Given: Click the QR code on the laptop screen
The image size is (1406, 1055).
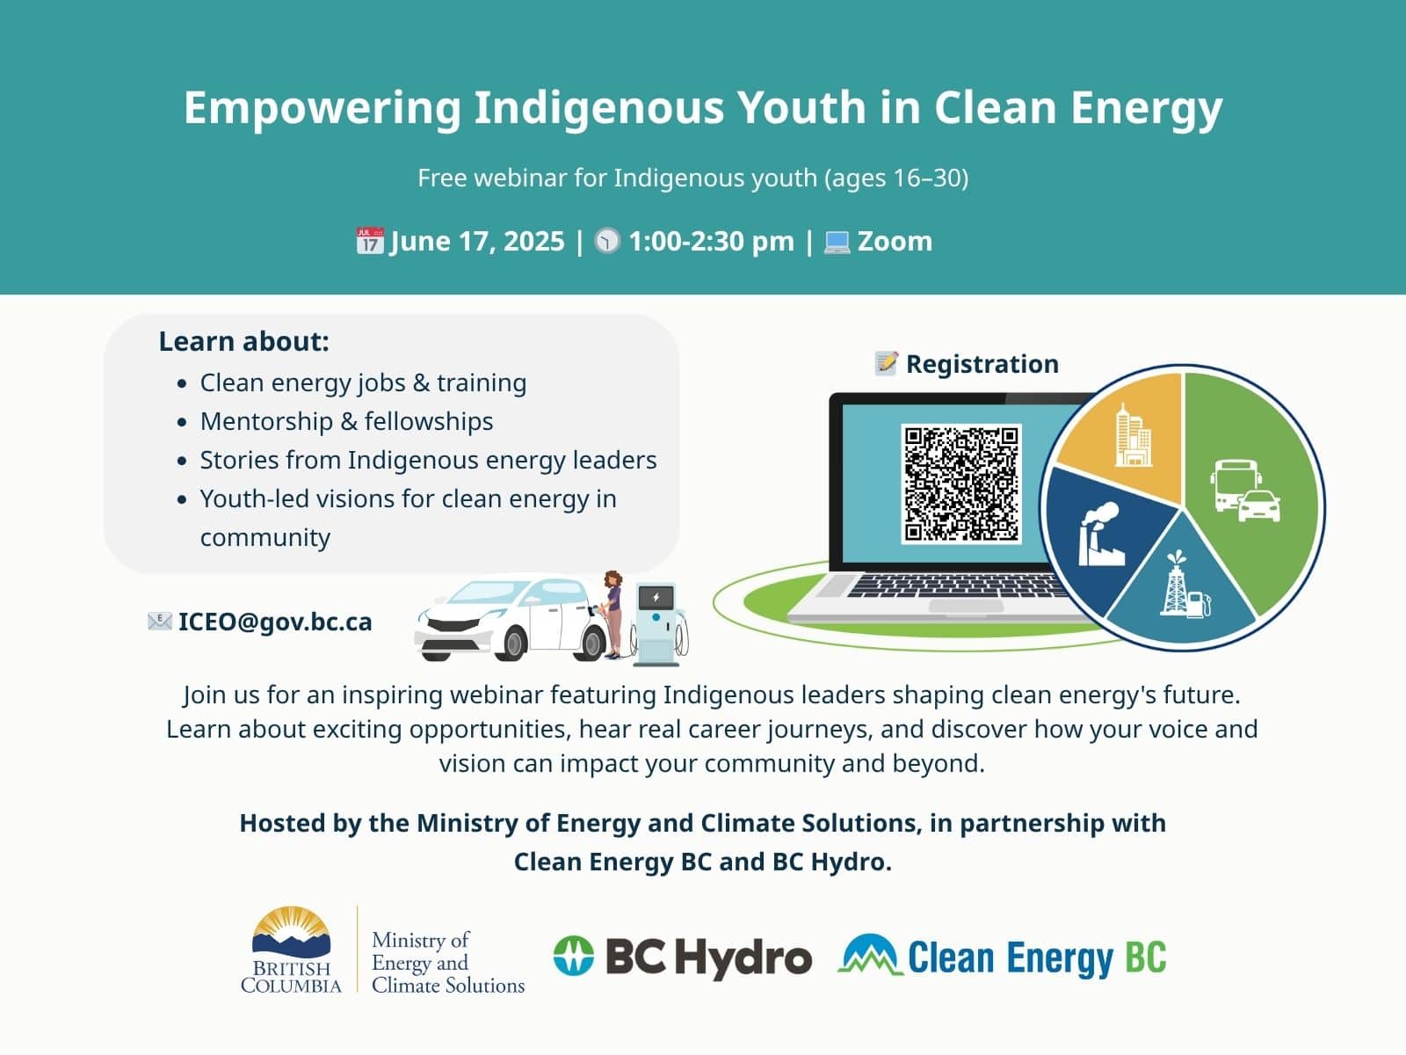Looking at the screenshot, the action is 960,484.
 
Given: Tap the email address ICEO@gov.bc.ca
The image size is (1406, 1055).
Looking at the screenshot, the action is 275,622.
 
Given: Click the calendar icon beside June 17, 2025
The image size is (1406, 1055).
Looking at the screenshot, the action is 370,241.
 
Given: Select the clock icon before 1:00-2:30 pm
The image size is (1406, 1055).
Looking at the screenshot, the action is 607,241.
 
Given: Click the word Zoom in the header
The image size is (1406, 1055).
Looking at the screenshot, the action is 895,242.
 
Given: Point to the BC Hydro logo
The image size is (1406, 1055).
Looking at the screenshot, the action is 683,957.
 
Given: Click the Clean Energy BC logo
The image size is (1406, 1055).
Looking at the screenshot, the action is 1002,956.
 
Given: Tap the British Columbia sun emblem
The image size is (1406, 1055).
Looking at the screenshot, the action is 292,932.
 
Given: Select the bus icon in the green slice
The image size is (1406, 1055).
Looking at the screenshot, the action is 1236,485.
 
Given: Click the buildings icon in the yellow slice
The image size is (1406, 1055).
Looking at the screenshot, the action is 1133,434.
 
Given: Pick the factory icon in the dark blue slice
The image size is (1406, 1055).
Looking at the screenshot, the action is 1100,535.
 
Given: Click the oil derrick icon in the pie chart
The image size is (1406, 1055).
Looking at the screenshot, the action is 1184,584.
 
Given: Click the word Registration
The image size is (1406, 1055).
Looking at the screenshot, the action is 982,364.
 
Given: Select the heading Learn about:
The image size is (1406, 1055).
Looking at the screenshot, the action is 244,341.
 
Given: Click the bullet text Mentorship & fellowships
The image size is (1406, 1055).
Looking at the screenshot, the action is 346,421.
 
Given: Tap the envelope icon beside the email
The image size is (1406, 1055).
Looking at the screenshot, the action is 160,622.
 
